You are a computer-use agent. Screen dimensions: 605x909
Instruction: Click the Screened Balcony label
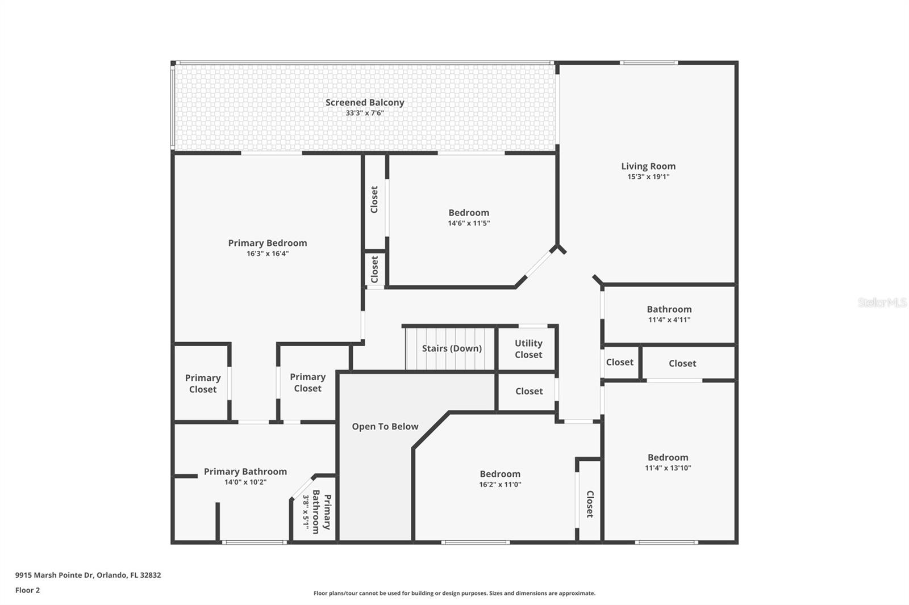[365, 103]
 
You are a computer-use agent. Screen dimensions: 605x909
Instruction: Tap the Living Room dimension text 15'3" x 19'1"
[648, 177]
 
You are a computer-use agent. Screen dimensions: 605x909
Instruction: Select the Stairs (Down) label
[452, 348]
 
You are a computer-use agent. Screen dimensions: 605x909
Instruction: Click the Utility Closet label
[528, 349]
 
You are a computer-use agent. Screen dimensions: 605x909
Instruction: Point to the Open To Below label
[385, 427]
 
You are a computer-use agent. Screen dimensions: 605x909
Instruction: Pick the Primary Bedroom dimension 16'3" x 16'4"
[268, 254]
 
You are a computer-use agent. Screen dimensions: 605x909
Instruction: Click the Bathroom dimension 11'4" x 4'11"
[669, 320]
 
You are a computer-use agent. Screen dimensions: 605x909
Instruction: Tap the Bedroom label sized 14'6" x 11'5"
[469, 213]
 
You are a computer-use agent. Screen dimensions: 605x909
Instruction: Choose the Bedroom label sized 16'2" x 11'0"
[500, 474]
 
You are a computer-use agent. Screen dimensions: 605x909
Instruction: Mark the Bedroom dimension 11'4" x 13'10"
[668, 468]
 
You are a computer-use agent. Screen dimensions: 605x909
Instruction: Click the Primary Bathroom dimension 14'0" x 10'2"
[245, 482]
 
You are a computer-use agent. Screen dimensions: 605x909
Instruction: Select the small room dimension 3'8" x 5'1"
[306, 512]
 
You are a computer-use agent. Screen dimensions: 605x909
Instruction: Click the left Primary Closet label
[203, 384]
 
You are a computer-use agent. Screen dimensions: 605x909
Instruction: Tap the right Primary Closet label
[307, 383]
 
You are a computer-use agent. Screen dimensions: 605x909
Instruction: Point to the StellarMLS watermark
[882, 302]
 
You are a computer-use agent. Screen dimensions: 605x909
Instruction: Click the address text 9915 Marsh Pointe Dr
[88, 575]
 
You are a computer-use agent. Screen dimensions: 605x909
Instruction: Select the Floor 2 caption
[27, 590]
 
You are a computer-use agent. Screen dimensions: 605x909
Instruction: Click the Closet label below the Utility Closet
[529, 391]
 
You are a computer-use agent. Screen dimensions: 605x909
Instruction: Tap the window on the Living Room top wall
[648, 62]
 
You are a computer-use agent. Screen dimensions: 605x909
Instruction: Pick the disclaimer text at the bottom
[454, 593]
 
